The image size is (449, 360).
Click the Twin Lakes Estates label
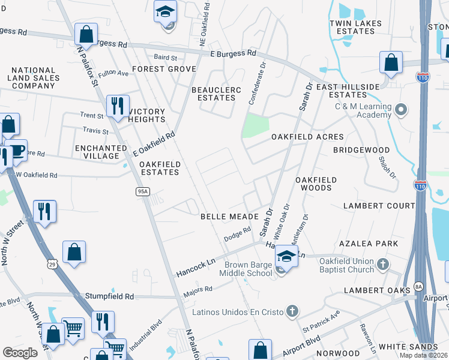tap(355, 27)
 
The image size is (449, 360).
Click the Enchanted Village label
tap(97, 152)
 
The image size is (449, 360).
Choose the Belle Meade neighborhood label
tap(229, 216)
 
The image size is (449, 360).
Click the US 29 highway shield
tap(53, 263)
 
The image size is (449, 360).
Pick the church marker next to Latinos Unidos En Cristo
tap(292, 311)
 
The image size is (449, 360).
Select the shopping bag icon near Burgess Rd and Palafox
tap(86, 34)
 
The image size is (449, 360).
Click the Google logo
tap(20, 352)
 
